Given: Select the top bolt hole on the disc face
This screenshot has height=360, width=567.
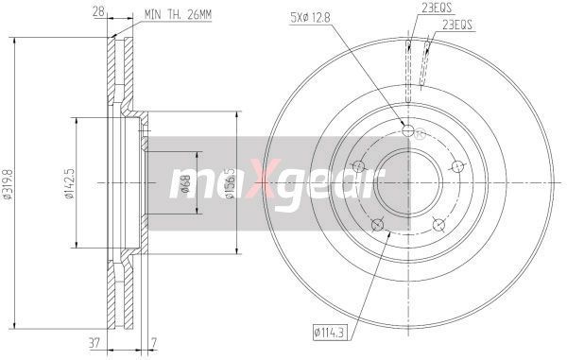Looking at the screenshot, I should click(x=408, y=131).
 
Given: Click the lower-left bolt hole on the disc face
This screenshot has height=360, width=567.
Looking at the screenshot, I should click(x=378, y=224).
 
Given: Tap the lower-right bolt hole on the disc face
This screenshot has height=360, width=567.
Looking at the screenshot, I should click(x=438, y=224).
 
